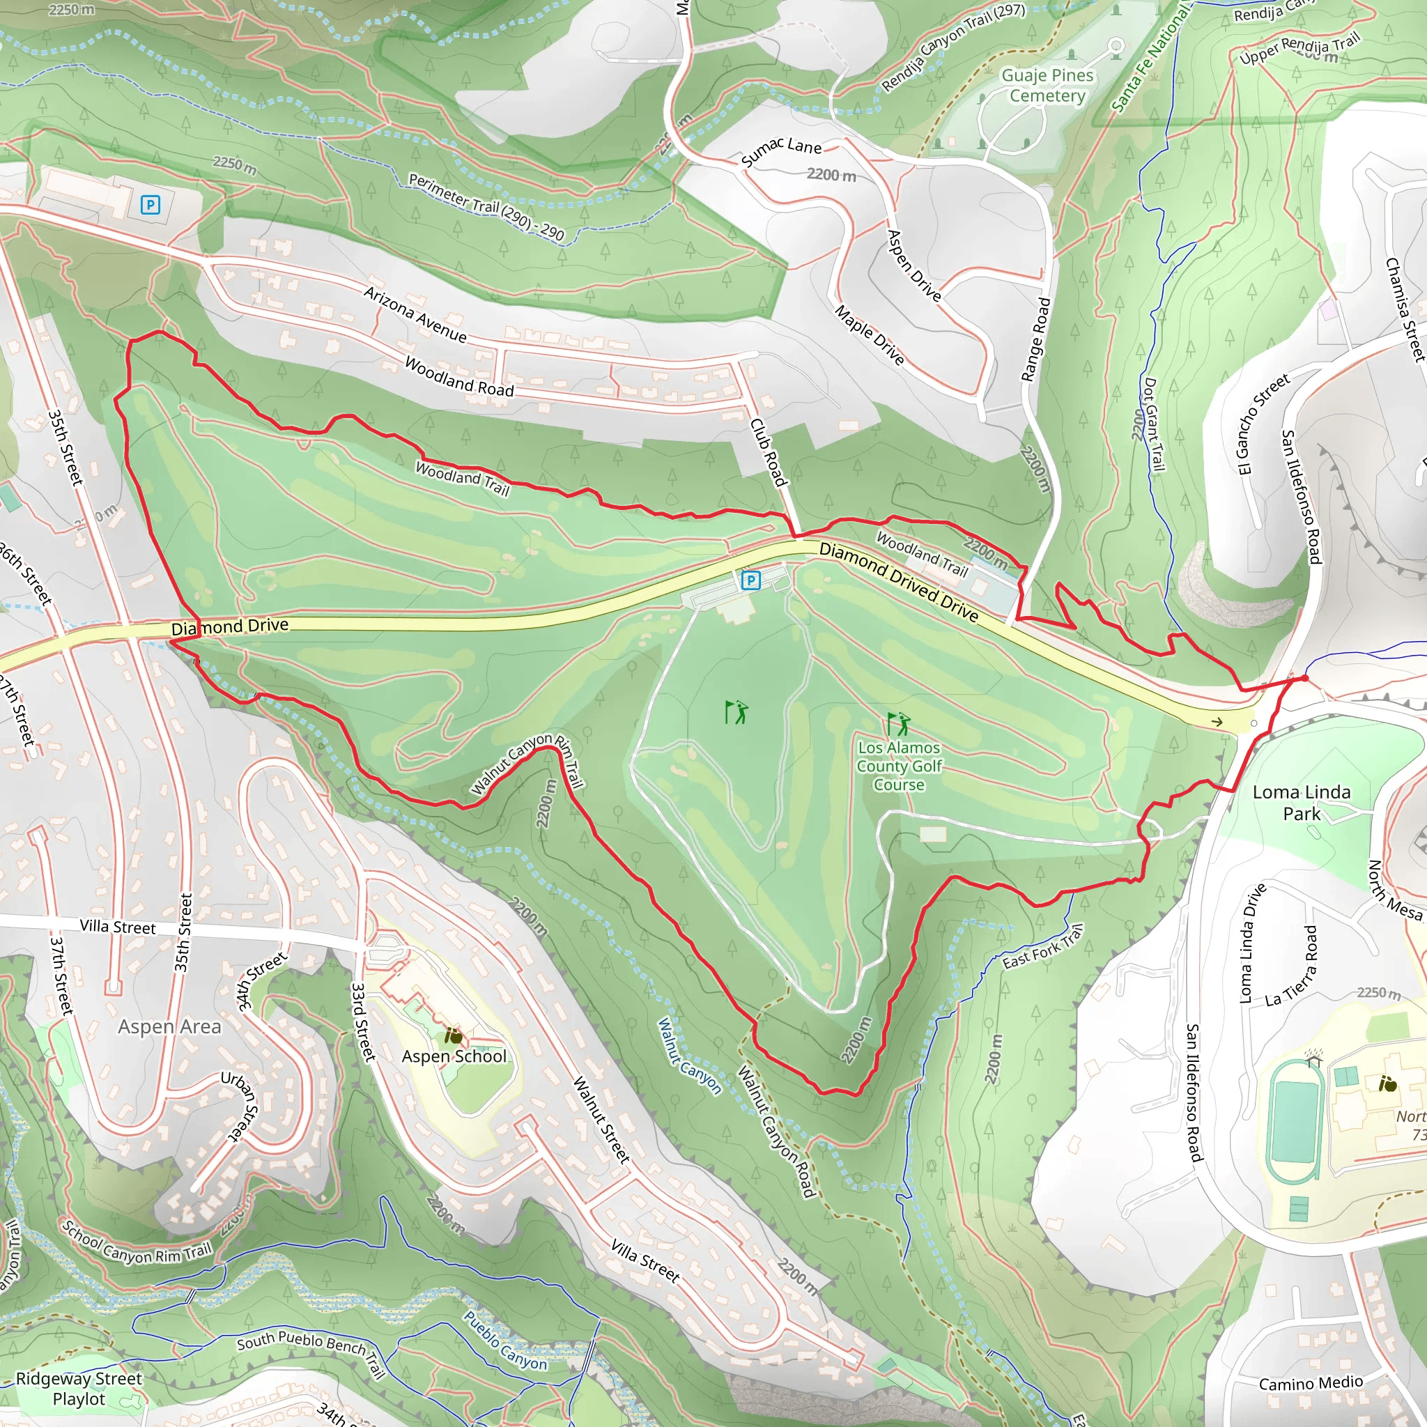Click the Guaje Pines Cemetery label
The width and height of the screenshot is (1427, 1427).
pos(1047,86)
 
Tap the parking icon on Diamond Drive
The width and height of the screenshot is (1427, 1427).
pos(750,580)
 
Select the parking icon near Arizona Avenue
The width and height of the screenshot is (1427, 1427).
pos(150,205)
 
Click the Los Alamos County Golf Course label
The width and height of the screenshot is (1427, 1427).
pos(899,766)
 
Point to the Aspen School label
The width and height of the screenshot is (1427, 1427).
pos(454,1056)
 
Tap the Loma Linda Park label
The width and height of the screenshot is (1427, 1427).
pos(1301,802)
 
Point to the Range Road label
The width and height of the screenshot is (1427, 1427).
pos(1035,340)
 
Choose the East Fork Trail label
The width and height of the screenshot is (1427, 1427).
pos(1042,948)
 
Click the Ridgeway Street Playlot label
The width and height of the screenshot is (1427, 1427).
pos(79,1389)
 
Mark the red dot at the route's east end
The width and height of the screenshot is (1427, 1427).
pos(1304,678)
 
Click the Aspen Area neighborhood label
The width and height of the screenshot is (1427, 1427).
pos(169,1026)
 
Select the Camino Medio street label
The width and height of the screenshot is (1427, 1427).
pos(1311,1382)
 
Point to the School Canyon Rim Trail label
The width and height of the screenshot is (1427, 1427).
pos(137,1244)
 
